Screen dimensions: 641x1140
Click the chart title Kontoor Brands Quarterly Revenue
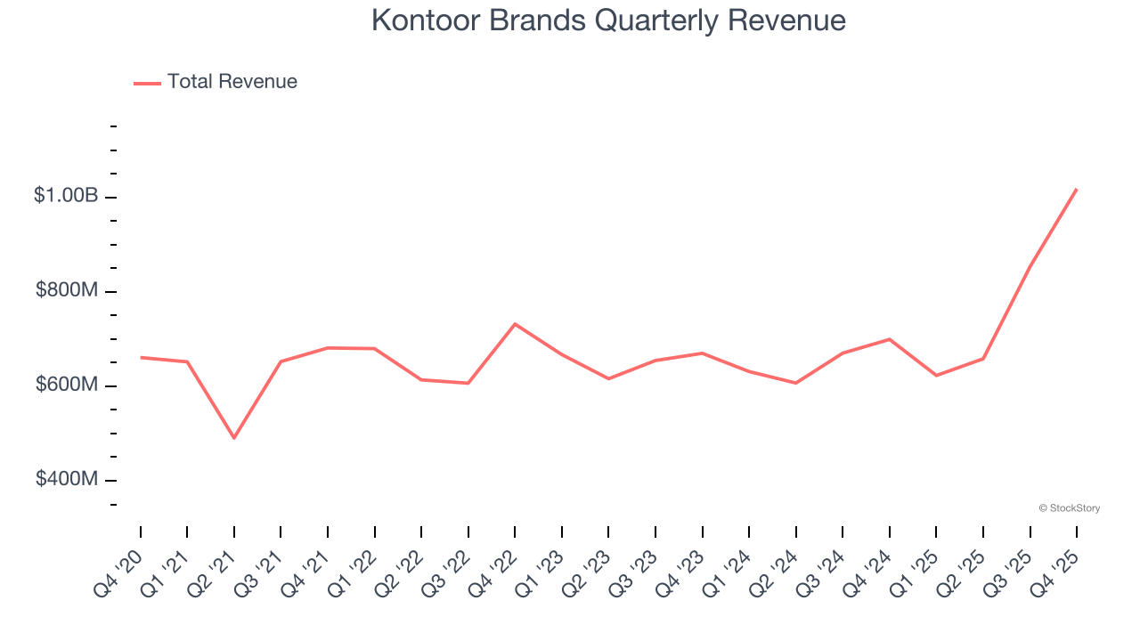tap(608, 20)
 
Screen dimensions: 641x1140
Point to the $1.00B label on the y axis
tap(66, 196)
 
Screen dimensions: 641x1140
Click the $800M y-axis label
tap(67, 290)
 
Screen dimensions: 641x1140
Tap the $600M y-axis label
tap(67, 385)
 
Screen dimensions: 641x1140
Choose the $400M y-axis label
tap(67, 479)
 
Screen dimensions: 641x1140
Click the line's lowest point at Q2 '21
tap(234, 438)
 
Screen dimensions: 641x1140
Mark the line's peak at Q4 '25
tap(1077, 189)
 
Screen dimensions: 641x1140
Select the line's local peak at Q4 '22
tap(515, 324)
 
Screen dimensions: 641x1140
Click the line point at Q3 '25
tap(1030, 265)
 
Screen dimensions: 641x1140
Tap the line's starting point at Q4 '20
tap(141, 357)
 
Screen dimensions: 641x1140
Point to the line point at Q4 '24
tap(890, 339)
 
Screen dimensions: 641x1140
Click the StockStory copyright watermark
tap(1069, 508)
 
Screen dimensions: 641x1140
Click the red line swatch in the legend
tap(147, 83)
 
